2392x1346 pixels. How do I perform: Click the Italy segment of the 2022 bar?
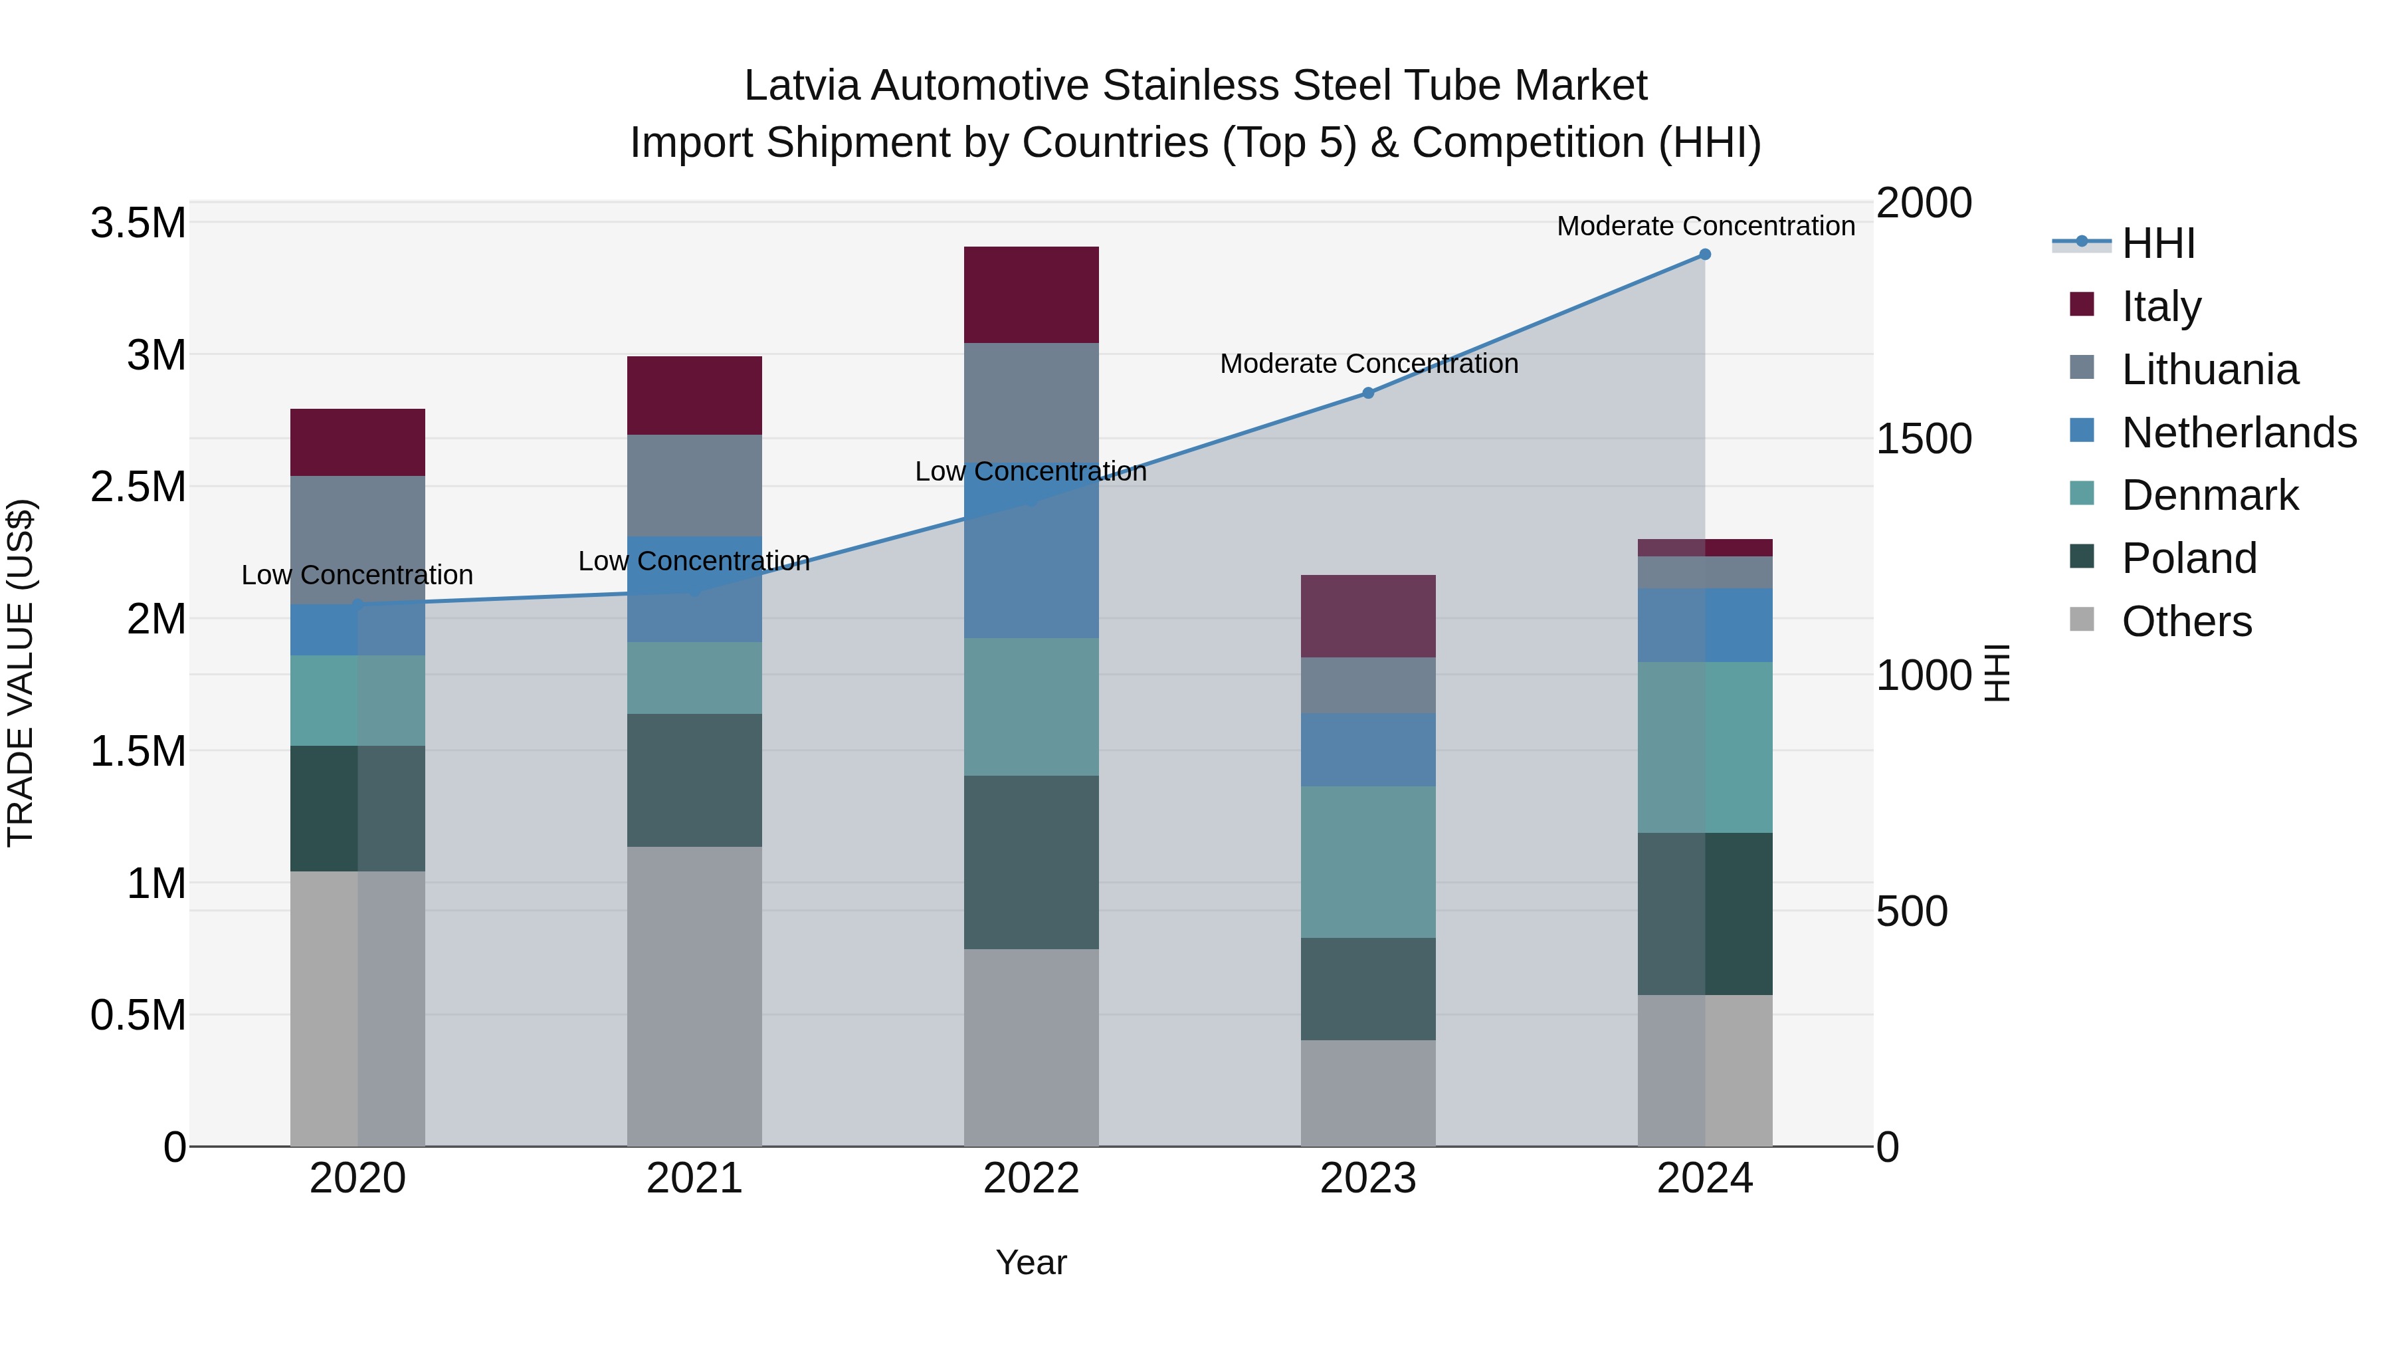pos(1031,294)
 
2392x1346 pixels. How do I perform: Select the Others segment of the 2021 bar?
pos(694,995)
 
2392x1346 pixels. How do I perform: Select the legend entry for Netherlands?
pos(2238,433)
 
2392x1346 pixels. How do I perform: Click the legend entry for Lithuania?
pos(2209,370)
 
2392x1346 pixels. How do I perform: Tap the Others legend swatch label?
pos(2186,621)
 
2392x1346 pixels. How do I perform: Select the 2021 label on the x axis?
pos(694,1178)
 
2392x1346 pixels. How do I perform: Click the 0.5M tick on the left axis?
pos(138,1015)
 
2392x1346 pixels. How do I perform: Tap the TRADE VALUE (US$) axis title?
pos(21,673)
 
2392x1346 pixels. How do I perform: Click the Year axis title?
pos(1031,1262)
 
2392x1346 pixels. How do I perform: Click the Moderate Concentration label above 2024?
pos(1705,226)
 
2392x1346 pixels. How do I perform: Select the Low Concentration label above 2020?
pos(357,575)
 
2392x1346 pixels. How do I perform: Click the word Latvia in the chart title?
pos(803,86)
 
